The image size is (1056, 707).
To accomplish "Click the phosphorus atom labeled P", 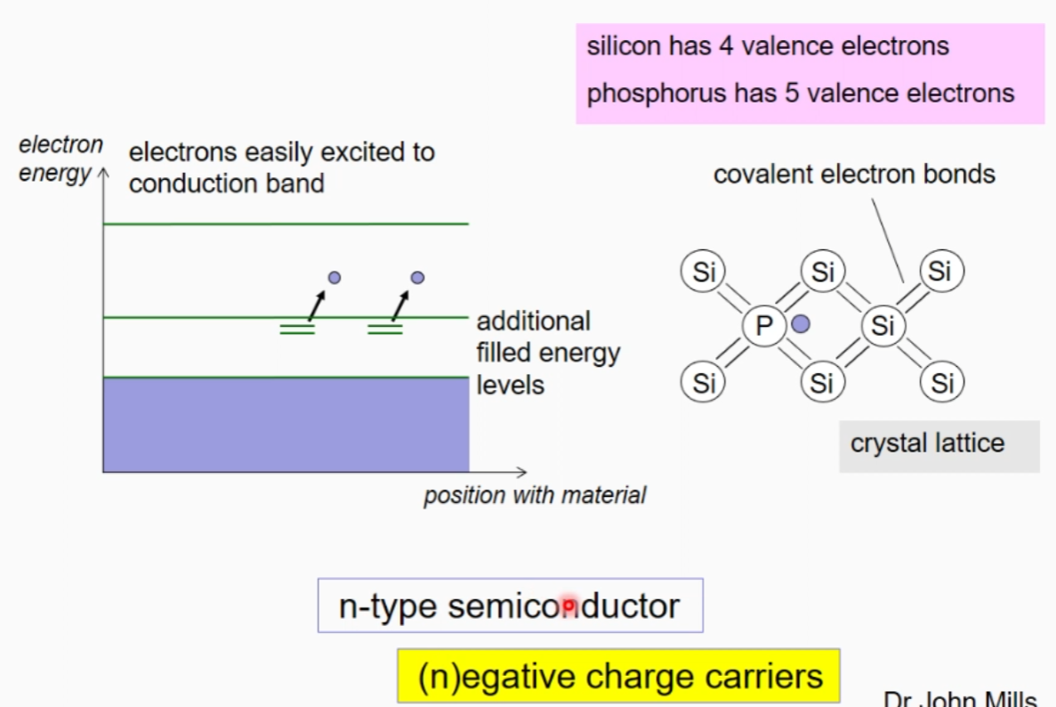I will (x=764, y=327).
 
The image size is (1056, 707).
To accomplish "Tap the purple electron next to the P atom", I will (x=801, y=324).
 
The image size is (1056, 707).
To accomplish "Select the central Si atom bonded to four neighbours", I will (x=883, y=326).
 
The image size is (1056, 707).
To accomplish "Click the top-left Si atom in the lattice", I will (x=704, y=271).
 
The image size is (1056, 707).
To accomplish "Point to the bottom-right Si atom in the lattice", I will (x=942, y=383).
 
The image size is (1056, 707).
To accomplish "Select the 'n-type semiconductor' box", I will (x=510, y=605).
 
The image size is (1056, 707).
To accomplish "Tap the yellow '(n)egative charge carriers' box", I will (x=618, y=676).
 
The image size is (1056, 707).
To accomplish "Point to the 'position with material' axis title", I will (x=534, y=495).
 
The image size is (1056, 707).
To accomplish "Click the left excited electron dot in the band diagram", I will (x=335, y=278).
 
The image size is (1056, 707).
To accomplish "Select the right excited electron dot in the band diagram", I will (x=417, y=278).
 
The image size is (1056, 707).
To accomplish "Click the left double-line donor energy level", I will (x=297, y=329).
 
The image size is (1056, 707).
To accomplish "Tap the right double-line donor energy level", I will (x=385, y=329).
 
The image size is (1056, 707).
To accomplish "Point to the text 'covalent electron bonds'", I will (x=854, y=174).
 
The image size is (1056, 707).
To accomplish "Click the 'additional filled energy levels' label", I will (x=547, y=353).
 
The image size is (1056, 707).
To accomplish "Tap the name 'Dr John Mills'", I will (x=970, y=699).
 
